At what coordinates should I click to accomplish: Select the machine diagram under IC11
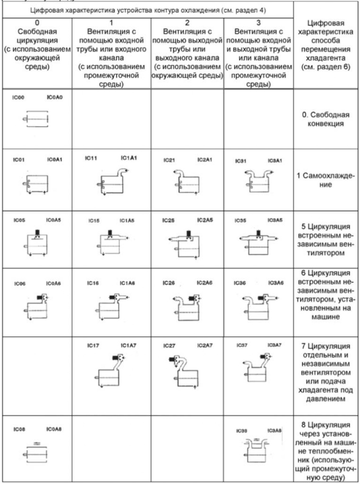coord(110,181)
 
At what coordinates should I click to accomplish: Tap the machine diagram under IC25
coord(182,242)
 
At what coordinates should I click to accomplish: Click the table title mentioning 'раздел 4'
coord(147,9)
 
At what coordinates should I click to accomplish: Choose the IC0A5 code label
coord(54,220)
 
